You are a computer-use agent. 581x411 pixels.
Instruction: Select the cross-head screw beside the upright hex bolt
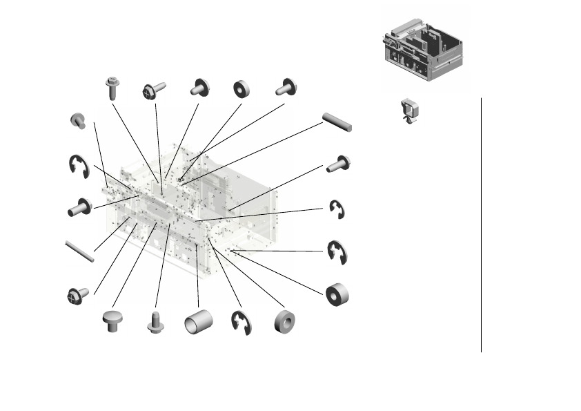click(x=153, y=90)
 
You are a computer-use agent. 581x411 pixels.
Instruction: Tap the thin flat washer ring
click(x=242, y=88)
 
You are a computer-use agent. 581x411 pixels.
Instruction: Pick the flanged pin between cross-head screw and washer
click(x=201, y=87)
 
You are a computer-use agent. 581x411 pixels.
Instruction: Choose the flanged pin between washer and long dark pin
click(x=286, y=87)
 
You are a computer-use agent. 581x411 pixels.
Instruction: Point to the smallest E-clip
click(x=337, y=209)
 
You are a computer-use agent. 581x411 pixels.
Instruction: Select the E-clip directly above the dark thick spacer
click(x=337, y=251)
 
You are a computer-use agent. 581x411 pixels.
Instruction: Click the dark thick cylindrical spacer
click(x=337, y=293)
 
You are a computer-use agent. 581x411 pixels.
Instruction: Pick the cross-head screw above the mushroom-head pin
click(x=77, y=295)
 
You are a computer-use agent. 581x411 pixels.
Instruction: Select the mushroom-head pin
click(x=111, y=321)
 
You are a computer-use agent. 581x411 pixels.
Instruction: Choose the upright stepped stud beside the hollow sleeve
click(x=155, y=321)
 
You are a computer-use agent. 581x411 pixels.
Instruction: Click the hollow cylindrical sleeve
click(x=197, y=322)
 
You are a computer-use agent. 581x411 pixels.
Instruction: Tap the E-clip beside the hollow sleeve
click(x=241, y=323)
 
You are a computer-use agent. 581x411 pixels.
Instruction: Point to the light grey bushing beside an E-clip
click(x=284, y=322)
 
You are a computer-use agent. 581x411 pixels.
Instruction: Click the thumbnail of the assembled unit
click(x=422, y=50)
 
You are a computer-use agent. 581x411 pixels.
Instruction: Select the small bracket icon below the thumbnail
click(x=411, y=110)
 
